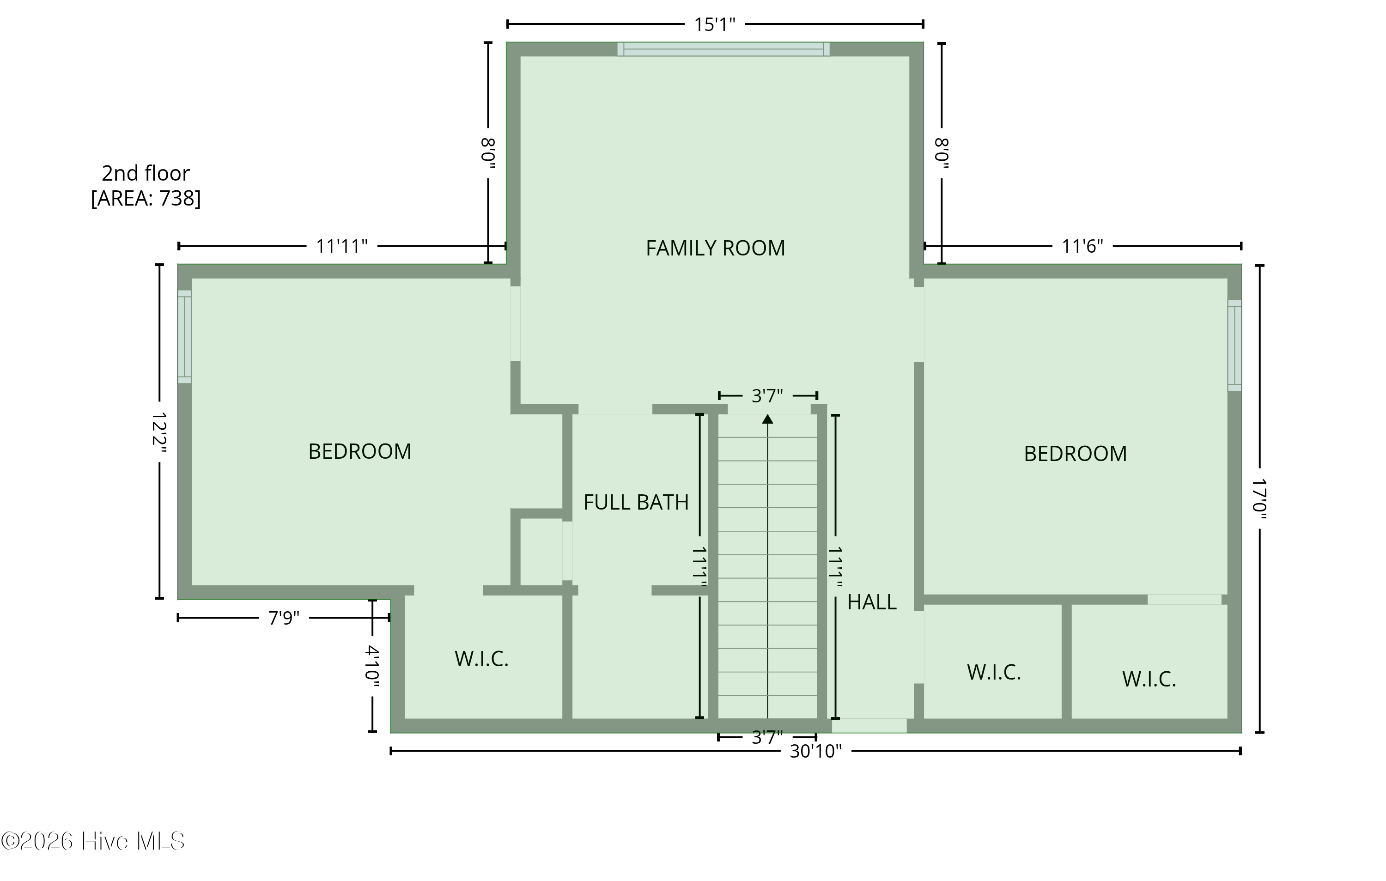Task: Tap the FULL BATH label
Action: [636, 502]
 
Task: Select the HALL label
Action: [872, 602]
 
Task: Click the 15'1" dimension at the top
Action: [714, 25]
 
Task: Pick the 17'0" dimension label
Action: [1259, 499]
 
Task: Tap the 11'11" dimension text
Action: [342, 246]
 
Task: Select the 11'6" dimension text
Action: [1082, 246]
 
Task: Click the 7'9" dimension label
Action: [284, 618]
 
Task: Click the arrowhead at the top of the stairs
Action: [767, 419]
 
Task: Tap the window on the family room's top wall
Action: [723, 49]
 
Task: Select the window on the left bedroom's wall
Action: [184, 337]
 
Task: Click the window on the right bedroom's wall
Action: [1234, 345]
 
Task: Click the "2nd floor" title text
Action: [146, 173]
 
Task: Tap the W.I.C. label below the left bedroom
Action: [482, 659]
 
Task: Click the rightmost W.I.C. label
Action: [1149, 679]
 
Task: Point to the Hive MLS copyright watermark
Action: [93, 841]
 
